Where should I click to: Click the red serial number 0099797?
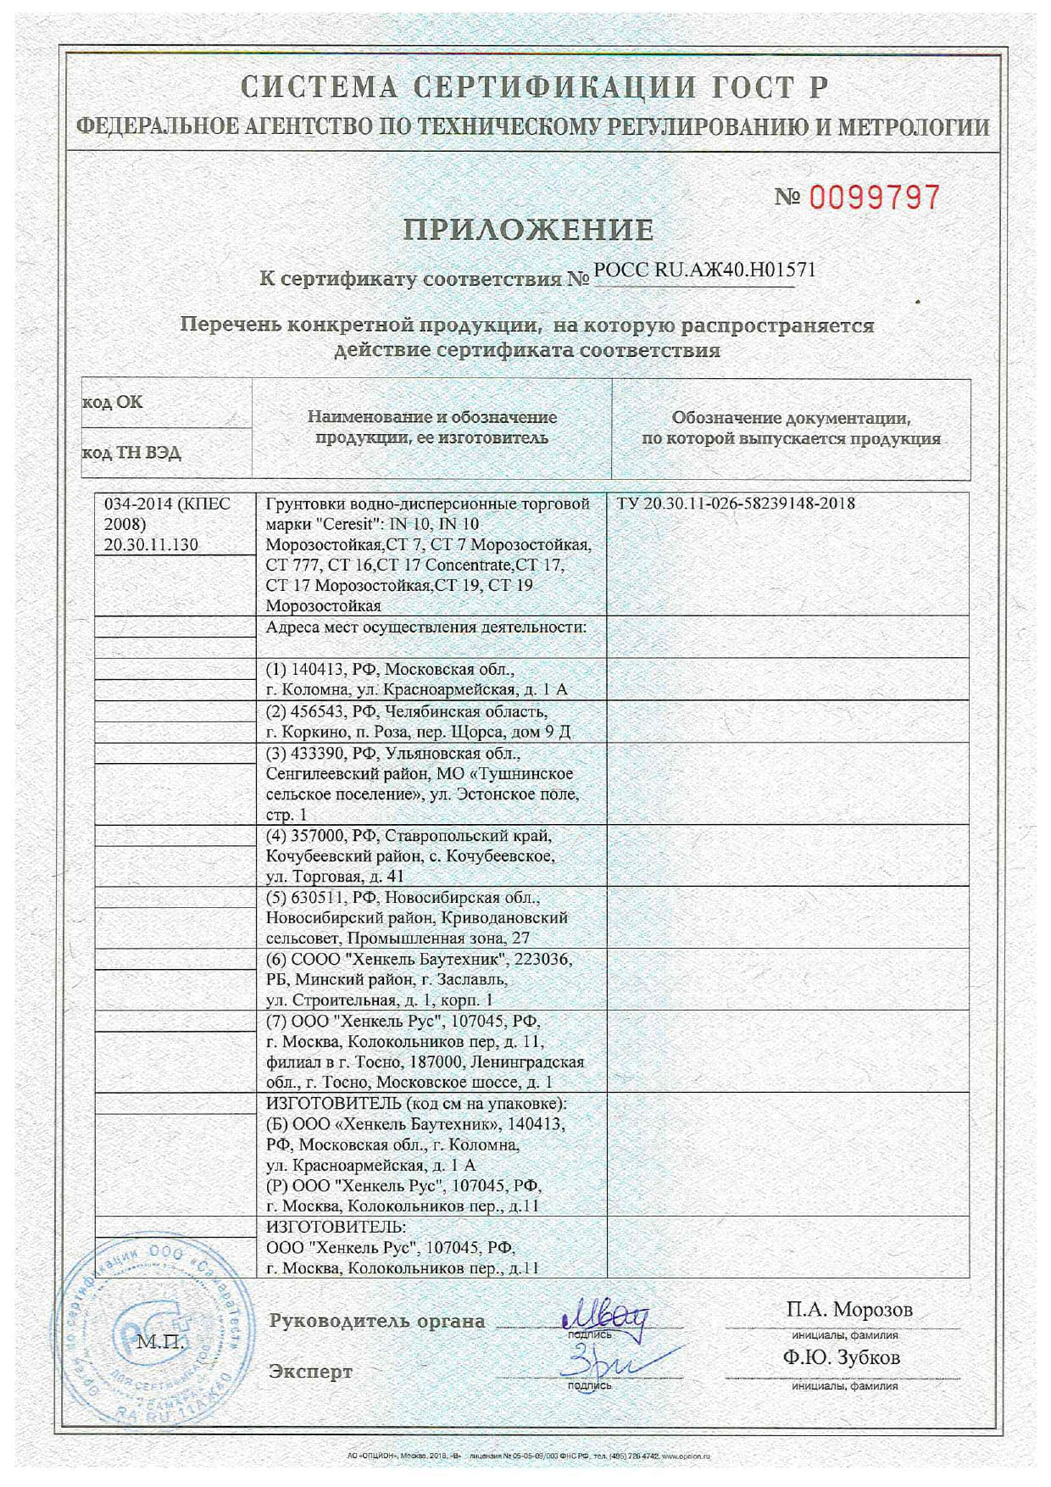[x=874, y=198]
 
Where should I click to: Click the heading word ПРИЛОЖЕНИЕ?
[x=528, y=230]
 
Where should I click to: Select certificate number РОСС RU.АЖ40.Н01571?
[x=704, y=270]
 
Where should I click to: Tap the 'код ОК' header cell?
[x=113, y=403]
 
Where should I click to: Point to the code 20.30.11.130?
[x=151, y=545]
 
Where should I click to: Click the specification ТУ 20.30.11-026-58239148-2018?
[x=736, y=504]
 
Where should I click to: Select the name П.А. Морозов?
[x=849, y=1310]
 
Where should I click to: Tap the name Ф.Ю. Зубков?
[x=842, y=1357]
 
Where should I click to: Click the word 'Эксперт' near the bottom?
[x=310, y=1372]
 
